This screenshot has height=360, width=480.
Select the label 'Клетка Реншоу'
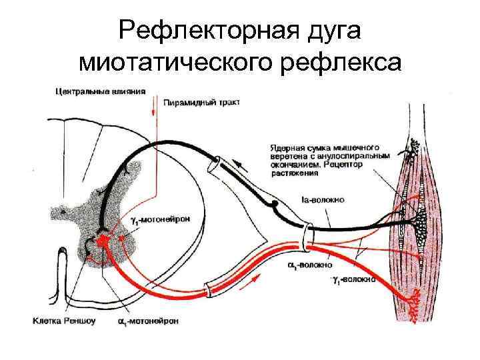64,321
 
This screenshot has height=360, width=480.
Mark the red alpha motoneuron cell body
104,239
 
